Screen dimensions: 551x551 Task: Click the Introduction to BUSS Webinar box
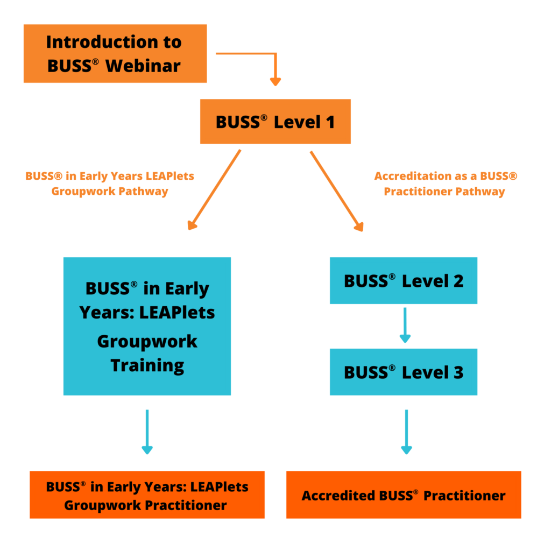click(x=115, y=53)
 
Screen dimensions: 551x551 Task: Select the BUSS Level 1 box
click(x=275, y=122)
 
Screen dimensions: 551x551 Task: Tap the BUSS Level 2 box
click(x=403, y=280)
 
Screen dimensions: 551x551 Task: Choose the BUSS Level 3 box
click(x=403, y=372)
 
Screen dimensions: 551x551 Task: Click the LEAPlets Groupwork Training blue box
click(x=147, y=326)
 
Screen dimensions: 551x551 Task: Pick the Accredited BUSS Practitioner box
click(x=403, y=495)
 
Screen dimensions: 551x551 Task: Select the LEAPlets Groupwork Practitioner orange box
click(x=147, y=495)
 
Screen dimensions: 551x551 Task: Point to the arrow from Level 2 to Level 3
click(x=405, y=325)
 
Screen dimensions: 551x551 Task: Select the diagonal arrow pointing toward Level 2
click(x=336, y=191)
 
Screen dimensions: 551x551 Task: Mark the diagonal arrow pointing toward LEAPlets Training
click(x=214, y=191)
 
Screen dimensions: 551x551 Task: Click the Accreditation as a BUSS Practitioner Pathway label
click(x=445, y=183)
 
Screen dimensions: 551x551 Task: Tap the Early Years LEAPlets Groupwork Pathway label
click(x=109, y=183)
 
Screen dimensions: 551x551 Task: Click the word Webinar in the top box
click(x=143, y=66)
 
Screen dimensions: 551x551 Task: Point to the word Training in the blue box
click(x=147, y=365)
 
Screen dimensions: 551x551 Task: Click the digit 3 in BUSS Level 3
click(x=457, y=372)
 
